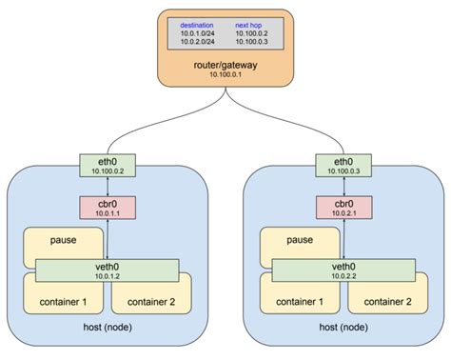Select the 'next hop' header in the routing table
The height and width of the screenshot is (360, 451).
250,24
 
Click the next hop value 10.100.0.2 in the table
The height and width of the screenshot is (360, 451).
252,33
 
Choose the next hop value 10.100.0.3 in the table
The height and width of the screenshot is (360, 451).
252,43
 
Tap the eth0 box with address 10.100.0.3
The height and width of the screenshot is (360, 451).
343,166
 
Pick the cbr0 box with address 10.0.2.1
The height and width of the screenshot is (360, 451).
343,207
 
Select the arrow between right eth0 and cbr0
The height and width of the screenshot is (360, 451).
343,187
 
